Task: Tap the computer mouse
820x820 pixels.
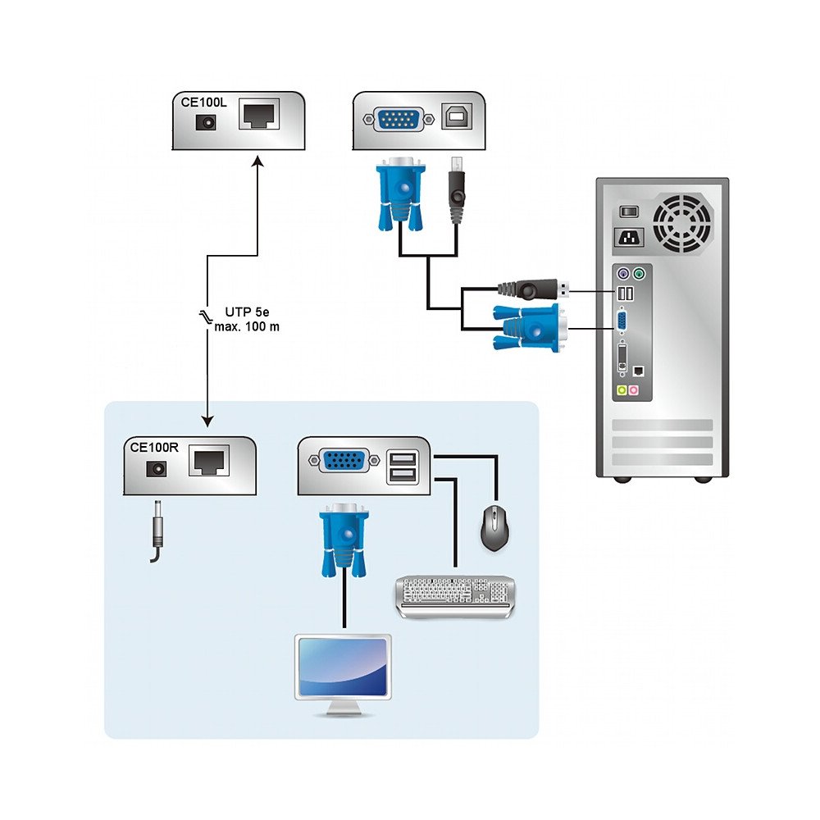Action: pos(494,526)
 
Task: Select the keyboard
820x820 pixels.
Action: pos(457,595)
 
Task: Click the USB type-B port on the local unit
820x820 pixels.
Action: pos(454,117)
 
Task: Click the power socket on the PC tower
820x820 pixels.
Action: pos(629,239)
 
